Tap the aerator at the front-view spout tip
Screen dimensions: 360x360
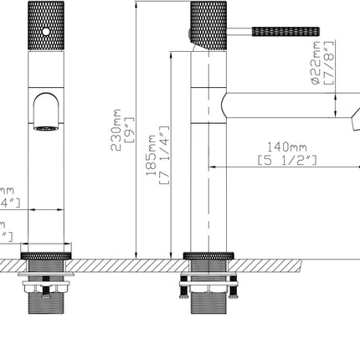pyautogui.click(x=47, y=128)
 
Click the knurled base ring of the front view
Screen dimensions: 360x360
pyautogui.click(x=47, y=252)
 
